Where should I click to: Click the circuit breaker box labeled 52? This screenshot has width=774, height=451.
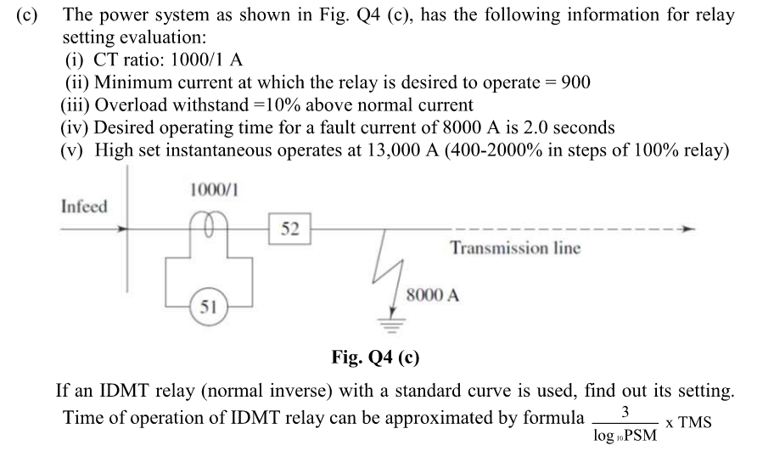point(290,228)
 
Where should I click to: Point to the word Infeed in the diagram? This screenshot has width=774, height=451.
point(85,207)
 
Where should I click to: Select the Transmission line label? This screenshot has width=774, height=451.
point(515,248)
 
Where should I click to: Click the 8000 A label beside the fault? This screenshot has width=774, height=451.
point(433,296)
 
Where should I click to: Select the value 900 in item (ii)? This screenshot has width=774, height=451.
point(573,82)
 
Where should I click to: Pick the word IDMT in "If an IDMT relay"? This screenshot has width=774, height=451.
point(122,392)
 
